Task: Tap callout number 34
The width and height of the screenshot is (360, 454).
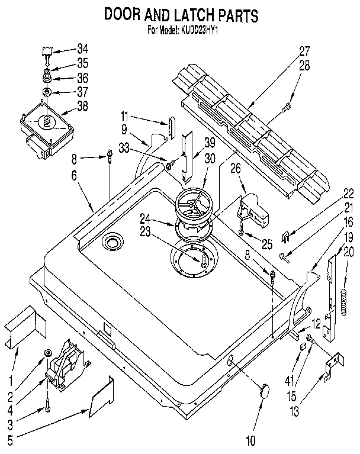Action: pos(82,49)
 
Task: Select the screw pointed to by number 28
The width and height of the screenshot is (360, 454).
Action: pos(288,107)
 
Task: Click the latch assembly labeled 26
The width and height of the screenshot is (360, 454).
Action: pos(253,210)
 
